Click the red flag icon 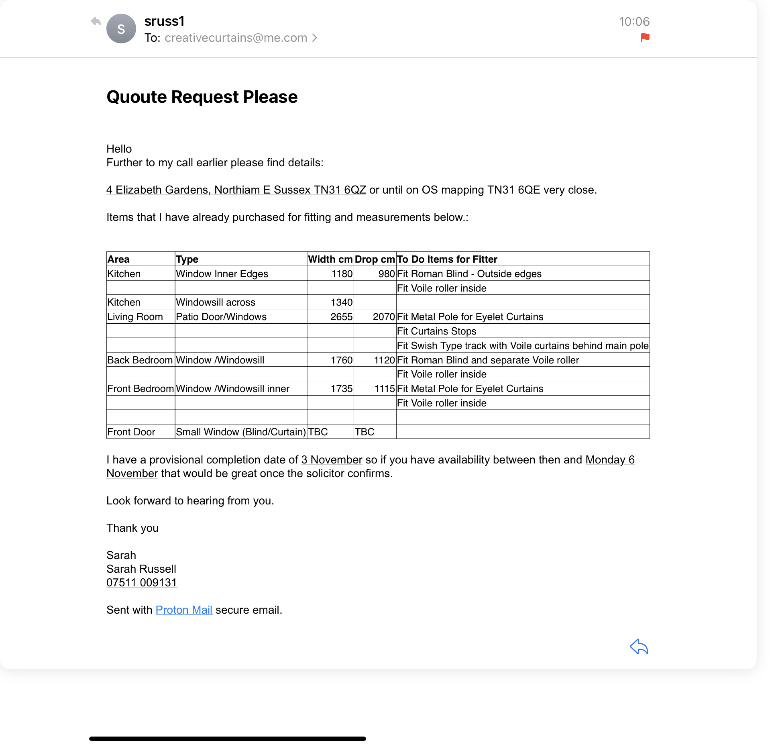[x=645, y=37]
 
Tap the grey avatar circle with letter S [x=121, y=29]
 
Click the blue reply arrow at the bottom [x=639, y=646]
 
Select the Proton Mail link [x=183, y=610]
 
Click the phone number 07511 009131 [x=141, y=582]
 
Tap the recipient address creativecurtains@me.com [x=236, y=38]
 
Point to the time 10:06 [x=634, y=21]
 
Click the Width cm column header [x=330, y=259]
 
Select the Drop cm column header [x=375, y=259]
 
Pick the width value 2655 [x=341, y=316]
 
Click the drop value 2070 [x=384, y=316]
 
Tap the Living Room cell [x=135, y=316]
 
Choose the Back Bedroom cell [x=140, y=360]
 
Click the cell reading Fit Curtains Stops [x=436, y=331]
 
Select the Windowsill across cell [x=216, y=302]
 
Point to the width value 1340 [x=341, y=302]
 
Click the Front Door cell [x=131, y=432]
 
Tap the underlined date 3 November [x=332, y=459]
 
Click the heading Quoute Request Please [x=202, y=97]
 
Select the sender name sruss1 [x=164, y=21]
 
